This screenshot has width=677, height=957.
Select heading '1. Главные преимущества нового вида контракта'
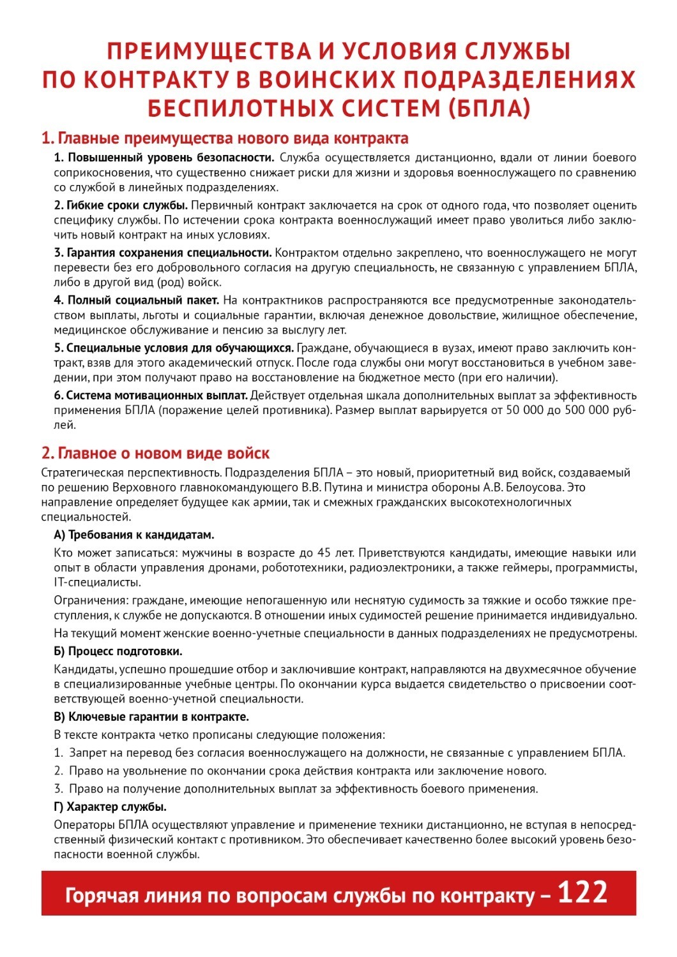coord(225,138)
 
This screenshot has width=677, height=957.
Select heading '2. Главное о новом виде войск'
coord(155,454)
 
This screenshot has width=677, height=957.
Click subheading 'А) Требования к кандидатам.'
coord(134,535)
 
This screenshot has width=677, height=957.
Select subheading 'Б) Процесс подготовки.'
coord(118,651)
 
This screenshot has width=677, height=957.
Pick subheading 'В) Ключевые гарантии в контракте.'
coord(151,716)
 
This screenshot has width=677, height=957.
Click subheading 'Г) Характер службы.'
coord(110,806)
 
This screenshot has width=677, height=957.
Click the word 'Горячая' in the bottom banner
coord(102,896)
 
